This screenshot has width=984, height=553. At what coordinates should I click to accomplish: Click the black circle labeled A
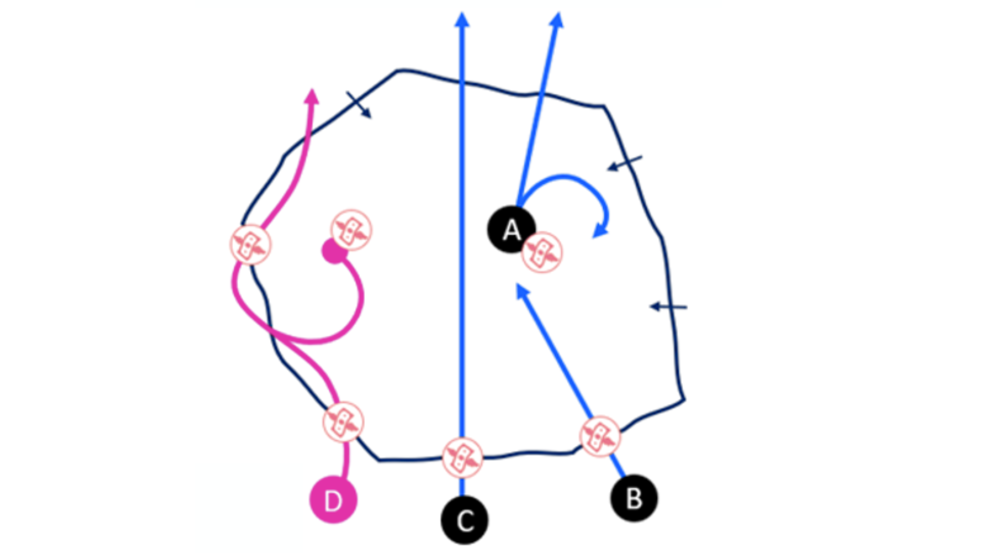click(x=511, y=229)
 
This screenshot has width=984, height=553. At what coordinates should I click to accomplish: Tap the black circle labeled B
click(x=634, y=498)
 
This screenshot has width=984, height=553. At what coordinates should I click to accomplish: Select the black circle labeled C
click(x=464, y=521)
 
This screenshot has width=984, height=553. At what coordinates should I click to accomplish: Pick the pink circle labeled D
click(x=333, y=500)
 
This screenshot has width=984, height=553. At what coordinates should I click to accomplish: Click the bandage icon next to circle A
click(x=542, y=252)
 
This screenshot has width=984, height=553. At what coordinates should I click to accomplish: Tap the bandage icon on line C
click(x=462, y=457)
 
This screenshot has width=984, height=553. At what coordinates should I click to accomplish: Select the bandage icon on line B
click(x=600, y=436)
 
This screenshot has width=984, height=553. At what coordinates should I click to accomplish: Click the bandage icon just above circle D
click(x=343, y=422)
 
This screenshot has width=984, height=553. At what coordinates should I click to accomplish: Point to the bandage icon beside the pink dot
click(x=351, y=230)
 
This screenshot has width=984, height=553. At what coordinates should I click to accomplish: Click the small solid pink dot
click(x=334, y=251)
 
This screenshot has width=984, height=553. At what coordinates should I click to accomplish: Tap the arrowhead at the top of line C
click(x=462, y=19)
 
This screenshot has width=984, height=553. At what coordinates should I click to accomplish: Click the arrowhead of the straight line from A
click(x=557, y=20)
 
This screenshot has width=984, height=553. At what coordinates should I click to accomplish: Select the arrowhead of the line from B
click(x=521, y=290)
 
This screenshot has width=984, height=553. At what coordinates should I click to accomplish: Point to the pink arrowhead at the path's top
click(x=312, y=96)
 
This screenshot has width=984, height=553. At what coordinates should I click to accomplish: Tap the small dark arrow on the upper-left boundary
click(x=365, y=112)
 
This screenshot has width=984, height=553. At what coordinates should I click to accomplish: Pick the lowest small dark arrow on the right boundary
click(x=656, y=307)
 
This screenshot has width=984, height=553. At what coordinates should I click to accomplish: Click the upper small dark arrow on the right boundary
click(x=613, y=166)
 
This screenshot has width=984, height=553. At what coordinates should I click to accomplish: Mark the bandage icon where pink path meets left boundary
click(x=250, y=245)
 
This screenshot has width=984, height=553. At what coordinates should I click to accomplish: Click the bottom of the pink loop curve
click(x=313, y=341)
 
